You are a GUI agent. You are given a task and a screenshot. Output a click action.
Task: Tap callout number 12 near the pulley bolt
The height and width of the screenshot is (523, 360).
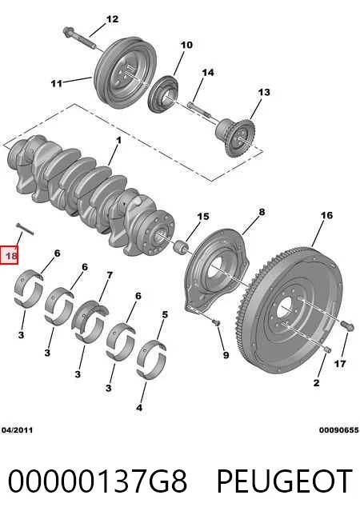[113, 19]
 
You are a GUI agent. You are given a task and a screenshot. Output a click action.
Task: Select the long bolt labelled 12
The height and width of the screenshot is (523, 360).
[80, 38]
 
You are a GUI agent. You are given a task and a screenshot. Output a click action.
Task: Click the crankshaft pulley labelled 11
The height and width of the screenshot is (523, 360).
[125, 73]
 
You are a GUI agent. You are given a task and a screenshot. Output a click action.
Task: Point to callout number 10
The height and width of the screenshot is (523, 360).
[186, 45]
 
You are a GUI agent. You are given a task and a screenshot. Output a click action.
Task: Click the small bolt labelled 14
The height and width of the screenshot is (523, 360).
[199, 110]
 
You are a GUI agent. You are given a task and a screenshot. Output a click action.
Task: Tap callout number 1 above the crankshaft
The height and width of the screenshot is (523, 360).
[118, 141]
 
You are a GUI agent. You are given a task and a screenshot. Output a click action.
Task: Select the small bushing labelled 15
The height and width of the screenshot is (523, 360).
[182, 248]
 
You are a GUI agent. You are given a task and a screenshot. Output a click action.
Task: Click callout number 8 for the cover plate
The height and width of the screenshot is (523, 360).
[262, 211]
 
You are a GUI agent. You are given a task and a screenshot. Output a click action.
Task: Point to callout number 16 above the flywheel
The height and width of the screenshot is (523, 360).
[326, 215]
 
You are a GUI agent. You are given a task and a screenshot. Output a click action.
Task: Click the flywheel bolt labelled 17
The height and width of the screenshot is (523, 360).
[347, 325]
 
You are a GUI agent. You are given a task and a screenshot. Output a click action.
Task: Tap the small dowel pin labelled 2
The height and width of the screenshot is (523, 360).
[327, 349]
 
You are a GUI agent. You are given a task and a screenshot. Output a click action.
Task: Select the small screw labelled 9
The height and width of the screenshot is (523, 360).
[216, 321]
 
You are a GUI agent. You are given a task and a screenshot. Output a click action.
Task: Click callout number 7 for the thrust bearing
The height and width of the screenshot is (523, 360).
[110, 275]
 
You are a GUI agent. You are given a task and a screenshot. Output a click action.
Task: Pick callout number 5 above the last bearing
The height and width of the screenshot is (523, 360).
[165, 314]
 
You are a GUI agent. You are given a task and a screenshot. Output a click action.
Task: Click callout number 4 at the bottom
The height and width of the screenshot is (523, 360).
[139, 407]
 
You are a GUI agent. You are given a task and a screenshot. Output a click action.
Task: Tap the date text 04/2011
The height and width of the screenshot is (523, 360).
[17, 430]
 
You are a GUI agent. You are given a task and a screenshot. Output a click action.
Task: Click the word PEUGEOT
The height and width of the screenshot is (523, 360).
[285, 481]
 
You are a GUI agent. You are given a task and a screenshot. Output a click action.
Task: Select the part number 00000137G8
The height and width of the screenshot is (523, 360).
[98, 481]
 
